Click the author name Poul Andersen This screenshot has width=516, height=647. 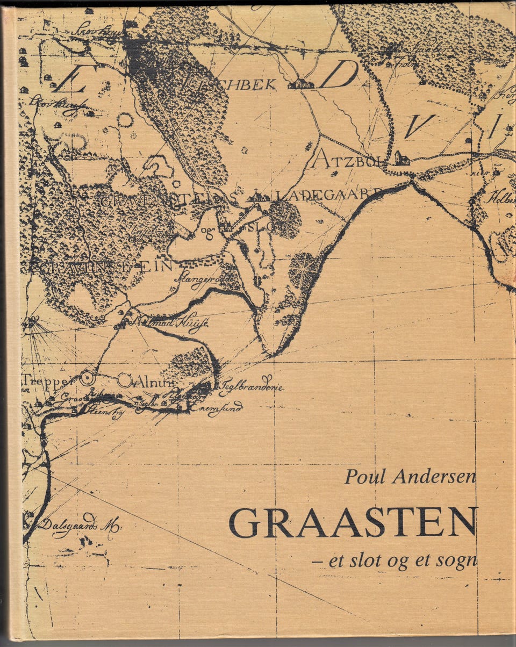click(x=410, y=476)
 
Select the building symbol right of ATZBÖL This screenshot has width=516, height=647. click(x=401, y=157)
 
